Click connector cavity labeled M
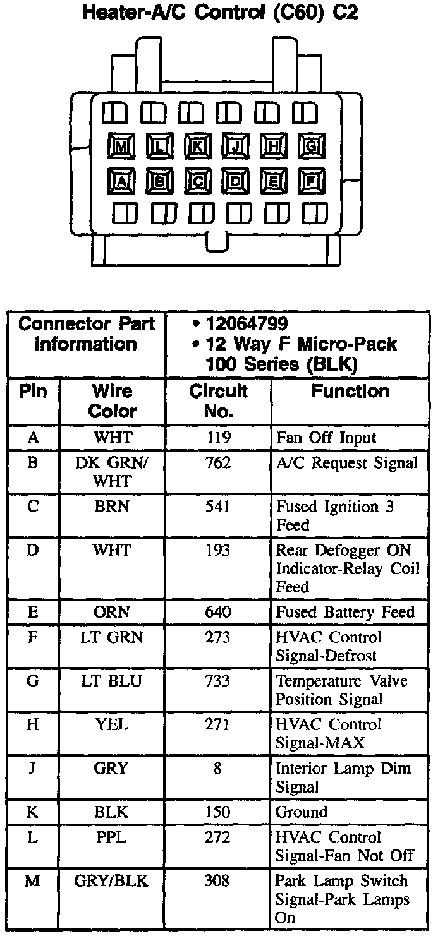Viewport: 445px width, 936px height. point(121,147)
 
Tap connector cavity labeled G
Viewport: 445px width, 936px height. point(311,147)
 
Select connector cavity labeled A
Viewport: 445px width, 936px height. point(121,183)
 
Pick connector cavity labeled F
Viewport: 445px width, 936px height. point(311,183)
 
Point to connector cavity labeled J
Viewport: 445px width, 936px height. point(235,147)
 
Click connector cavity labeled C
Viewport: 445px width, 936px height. point(197,183)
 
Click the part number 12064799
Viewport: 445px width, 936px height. point(247,324)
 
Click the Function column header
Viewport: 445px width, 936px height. point(350,392)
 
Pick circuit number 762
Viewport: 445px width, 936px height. point(218,463)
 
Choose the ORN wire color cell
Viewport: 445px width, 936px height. point(112,612)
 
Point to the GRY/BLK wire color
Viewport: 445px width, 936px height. point(112,881)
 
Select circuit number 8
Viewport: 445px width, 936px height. point(218,769)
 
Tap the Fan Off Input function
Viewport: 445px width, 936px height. point(326,438)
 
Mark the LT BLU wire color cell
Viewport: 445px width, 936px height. point(112,681)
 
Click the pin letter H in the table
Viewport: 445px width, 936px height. point(32,725)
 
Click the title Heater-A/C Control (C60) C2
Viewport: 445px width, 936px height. point(221,13)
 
